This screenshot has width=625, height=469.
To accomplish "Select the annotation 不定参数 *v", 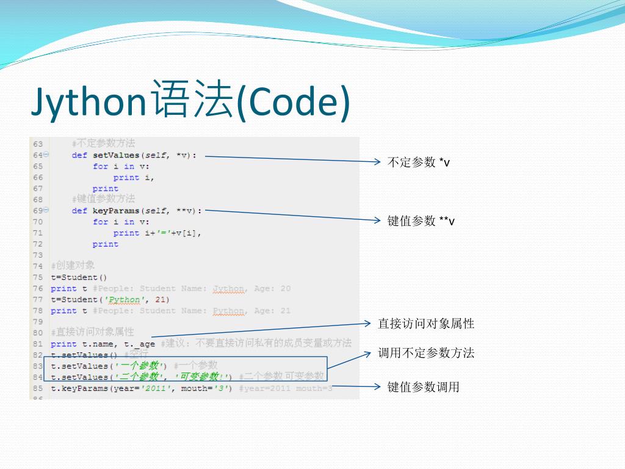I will [x=419, y=162].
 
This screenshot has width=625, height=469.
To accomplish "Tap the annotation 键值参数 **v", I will [x=421, y=221].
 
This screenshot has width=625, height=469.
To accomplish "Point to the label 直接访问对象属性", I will [x=426, y=324].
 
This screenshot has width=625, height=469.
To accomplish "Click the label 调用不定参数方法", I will [x=426, y=353].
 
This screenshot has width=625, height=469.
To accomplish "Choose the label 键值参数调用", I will [x=424, y=387].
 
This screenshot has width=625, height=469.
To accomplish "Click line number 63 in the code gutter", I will [x=38, y=144].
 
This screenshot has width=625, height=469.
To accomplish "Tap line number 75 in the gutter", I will [x=38, y=277].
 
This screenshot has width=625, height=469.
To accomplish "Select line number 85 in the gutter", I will [x=38, y=388].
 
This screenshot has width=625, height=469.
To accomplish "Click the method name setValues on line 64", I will [x=116, y=155].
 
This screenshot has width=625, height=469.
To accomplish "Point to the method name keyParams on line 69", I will [x=116, y=211].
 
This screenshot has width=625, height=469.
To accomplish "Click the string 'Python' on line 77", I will [x=125, y=299].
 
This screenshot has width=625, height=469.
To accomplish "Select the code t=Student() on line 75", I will [x=79, y=277].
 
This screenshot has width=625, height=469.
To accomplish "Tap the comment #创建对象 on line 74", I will [x=73, y=266].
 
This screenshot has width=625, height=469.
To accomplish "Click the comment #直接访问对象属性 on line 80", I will [x=92, y=332].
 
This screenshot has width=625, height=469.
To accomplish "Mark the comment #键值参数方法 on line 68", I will [x=103, y=199].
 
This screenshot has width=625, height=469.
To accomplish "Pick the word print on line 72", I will [x=105, y=244].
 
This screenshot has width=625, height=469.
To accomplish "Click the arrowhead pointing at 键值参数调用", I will [x=378, y=387].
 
